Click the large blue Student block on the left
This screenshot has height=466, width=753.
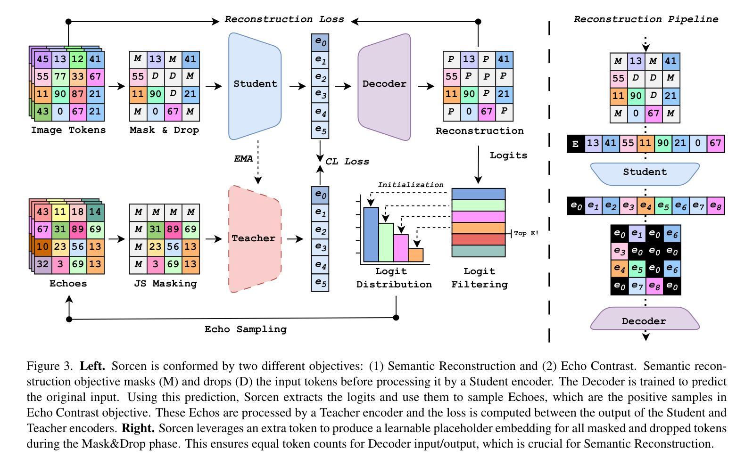coord(255,86)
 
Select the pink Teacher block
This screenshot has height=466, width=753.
coord(255,239)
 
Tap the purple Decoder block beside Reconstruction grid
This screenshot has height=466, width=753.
coord(384,87)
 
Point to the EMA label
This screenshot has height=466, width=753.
coord(243,159)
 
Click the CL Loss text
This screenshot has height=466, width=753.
coord(347,162)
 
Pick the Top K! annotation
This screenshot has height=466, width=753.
coord(526,233)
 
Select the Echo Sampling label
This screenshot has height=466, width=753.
coord(246,329)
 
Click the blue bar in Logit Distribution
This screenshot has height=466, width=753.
coord(371,235)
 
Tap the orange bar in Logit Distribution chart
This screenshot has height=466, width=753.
coord(416,255)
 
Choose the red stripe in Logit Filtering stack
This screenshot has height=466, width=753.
coord(479,239)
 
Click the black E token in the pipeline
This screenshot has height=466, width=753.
coord(576,144)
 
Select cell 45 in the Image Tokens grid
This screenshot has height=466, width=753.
coord(43,59)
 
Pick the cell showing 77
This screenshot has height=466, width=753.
coord(60,77)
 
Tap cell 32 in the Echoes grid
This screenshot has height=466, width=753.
coord(43,264)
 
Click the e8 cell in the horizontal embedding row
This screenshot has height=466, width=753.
coord(716,205)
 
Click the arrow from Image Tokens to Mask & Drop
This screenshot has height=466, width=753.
coord(116,86)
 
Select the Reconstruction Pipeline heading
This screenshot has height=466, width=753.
coord(646,19)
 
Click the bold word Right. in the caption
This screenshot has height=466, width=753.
coord(138,428)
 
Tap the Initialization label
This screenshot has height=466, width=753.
coord(411,185)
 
